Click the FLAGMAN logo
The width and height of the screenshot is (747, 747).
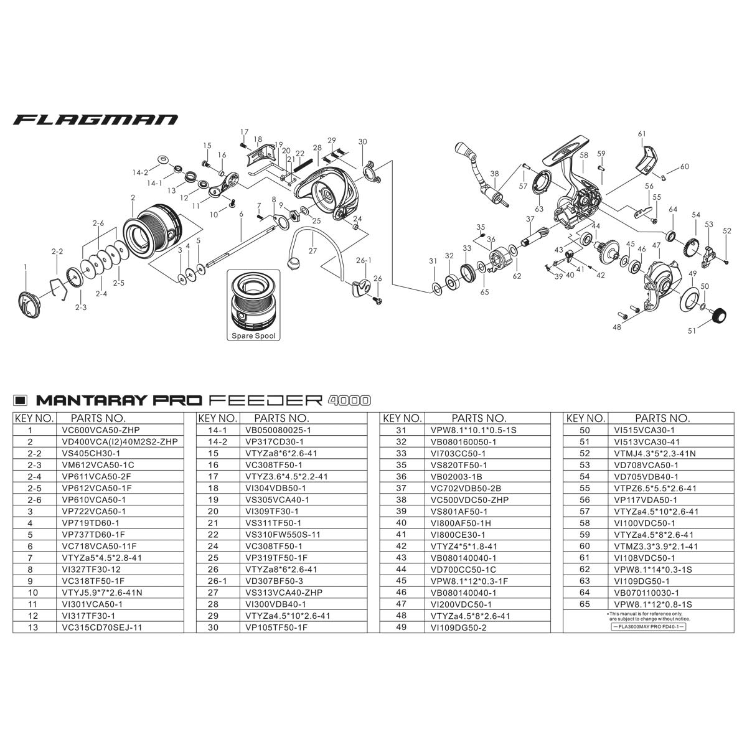pos(95,120)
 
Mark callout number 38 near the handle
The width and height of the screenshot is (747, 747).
pos(495,174)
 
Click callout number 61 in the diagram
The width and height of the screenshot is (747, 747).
pos(642,134)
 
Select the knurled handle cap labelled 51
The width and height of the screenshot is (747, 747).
pos(721,316)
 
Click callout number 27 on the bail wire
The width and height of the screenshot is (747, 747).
pos(312,251)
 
